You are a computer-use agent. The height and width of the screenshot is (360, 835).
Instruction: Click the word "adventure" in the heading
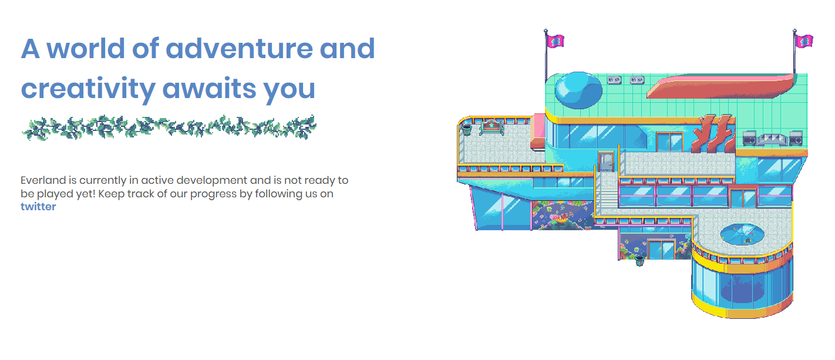(x=239, y=48)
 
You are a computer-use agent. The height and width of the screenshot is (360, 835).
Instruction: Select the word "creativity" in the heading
(x=88, y=89)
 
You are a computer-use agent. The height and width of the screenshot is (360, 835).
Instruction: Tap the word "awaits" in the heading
(x=209, y=89)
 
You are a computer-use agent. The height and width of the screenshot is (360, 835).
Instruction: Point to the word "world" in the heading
(x=85, y=48)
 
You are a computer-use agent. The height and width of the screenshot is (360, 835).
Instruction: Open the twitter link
(x=38, y=207)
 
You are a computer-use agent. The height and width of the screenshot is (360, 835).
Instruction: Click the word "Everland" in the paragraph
(x=43, y=180)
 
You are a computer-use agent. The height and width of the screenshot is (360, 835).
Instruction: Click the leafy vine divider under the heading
(x=169, y=128)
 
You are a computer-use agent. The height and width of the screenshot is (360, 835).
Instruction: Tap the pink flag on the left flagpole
(x=555, y=41)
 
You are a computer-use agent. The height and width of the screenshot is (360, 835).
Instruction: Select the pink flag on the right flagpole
(x=804, y=41)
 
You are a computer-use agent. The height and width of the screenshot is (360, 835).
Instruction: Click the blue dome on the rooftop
(x=578, y=90)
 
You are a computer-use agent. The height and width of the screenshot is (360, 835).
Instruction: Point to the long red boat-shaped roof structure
(x=720, y=86)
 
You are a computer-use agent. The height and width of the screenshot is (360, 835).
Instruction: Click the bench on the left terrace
(x=491, y=127)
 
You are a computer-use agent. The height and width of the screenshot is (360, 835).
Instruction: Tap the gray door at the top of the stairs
(x=606, y=162)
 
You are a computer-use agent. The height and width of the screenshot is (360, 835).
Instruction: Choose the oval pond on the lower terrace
(x=742, y=234)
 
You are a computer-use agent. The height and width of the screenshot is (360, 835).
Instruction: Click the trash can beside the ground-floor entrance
(x=639, y=261)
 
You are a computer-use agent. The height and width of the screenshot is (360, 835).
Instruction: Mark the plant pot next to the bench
(x=467, y=130)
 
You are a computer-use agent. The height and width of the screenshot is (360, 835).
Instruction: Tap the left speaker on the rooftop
(x=749, y=138)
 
